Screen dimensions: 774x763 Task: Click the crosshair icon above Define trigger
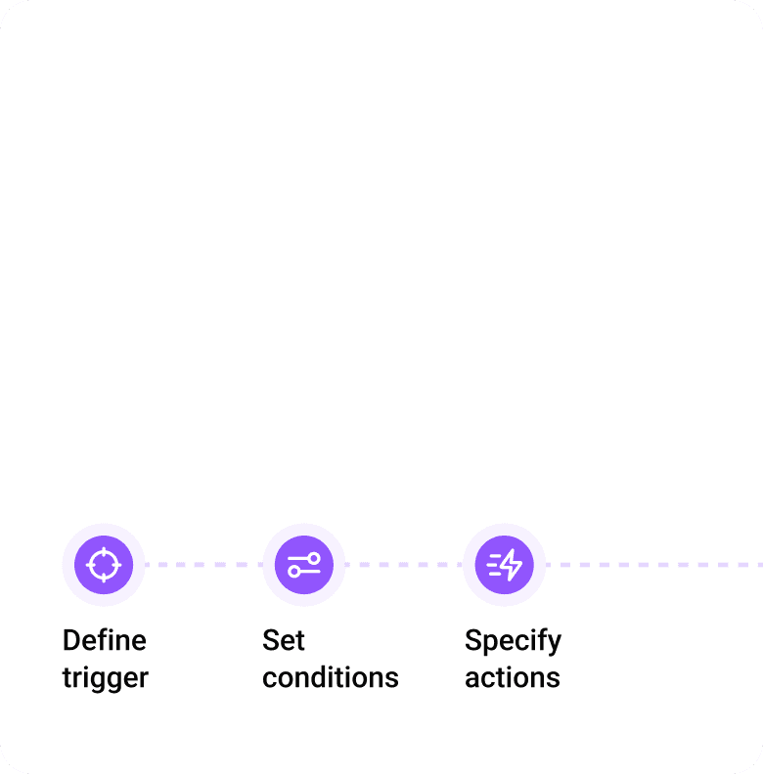[103, 565]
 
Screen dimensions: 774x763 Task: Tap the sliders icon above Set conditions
[303, 565]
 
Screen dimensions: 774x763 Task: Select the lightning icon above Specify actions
[504, 565]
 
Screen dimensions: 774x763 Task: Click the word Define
[104, 640]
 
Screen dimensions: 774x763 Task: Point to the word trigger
[105, 678]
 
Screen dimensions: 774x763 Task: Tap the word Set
[284, 640]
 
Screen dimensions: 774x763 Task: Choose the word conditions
[330, 677]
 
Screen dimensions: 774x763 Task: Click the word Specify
[513, 642]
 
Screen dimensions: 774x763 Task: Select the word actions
[512, 677]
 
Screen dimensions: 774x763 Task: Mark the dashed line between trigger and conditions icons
[203, 565]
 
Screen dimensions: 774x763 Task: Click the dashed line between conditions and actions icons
[403, 565]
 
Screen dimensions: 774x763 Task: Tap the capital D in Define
[70, 640]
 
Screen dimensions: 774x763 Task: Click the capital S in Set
[270, 640]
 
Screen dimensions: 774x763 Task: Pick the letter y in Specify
[554, 645]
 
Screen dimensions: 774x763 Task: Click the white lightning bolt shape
[512, 565]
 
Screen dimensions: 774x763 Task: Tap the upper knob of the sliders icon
[313, 558]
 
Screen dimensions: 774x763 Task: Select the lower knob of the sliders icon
[293, 572]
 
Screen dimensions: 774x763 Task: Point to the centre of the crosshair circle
[103, 565]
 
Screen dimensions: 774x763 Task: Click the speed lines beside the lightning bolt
[493, 565]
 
